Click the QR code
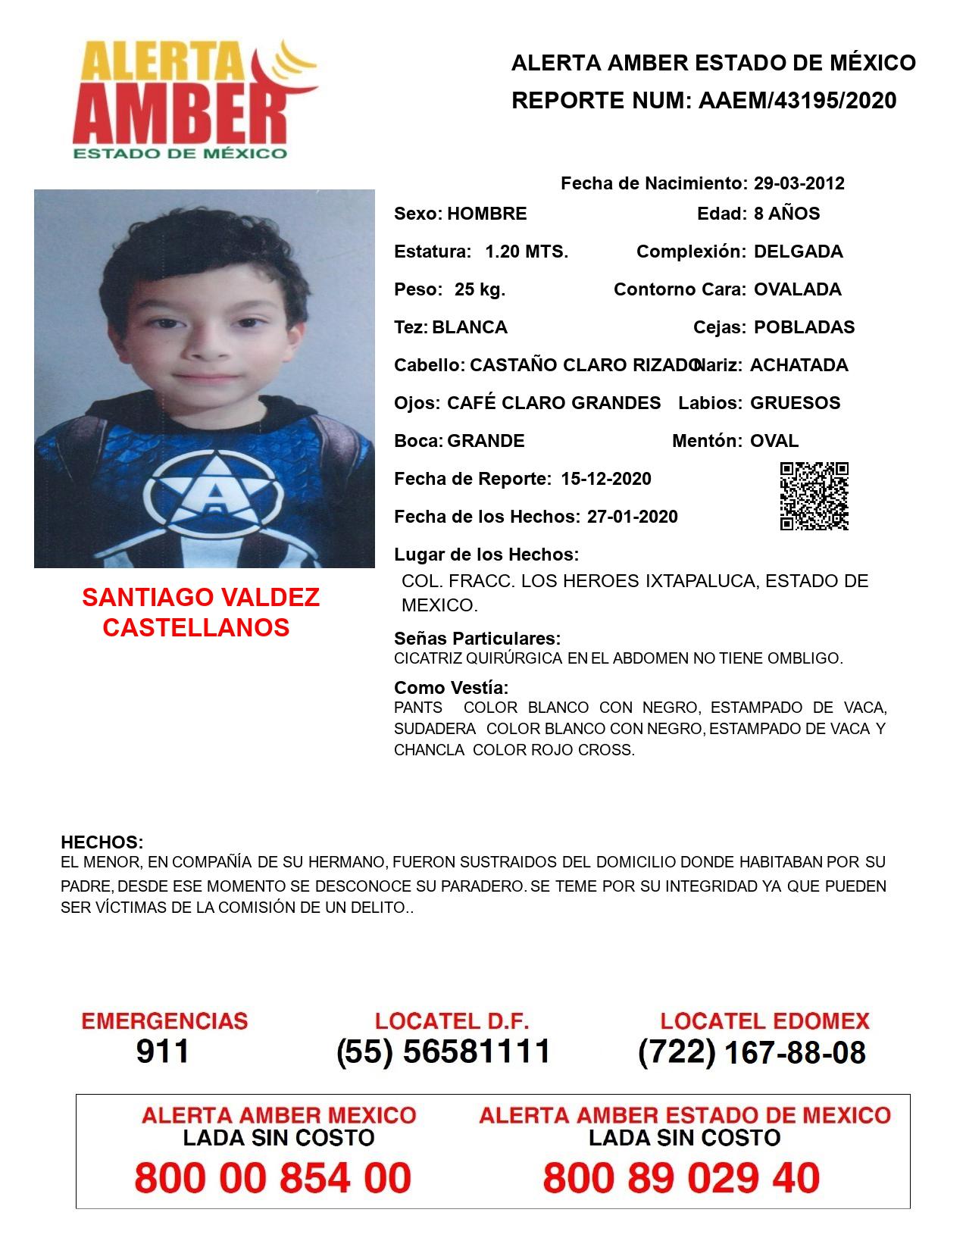tap(814, 496)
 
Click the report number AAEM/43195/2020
tap(797, 100)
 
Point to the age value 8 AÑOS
tap(786, 214)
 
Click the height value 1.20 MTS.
tap(527, 252)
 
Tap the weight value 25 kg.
tap(480, 289)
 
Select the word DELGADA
tap(798, 252)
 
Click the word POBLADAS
tap(804, 327)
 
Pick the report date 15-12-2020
tap(606, 479)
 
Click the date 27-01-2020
tap(632, 517)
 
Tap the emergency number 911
tap(162, 1052)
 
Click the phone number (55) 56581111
tap(443, 1052)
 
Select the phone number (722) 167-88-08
tap(752, 1052)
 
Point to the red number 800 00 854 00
tap(273, 1178)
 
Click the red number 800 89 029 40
tap(681, 1178)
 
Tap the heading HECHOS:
tap(102, 842)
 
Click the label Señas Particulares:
tap(477, 639)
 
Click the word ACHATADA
tap(799, 365)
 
